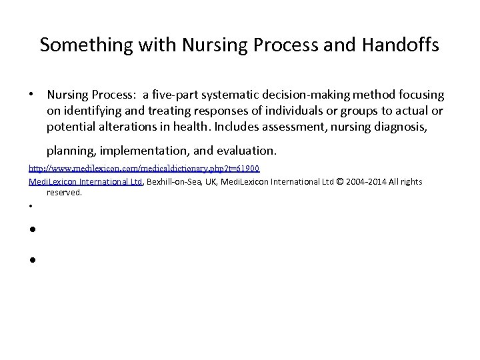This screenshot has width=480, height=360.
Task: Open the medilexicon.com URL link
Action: click(144, 169)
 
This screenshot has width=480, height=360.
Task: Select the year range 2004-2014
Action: click(371, 181)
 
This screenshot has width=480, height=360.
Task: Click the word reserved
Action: click(64, 192)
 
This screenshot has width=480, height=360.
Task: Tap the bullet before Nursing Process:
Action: click(31, 96)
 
